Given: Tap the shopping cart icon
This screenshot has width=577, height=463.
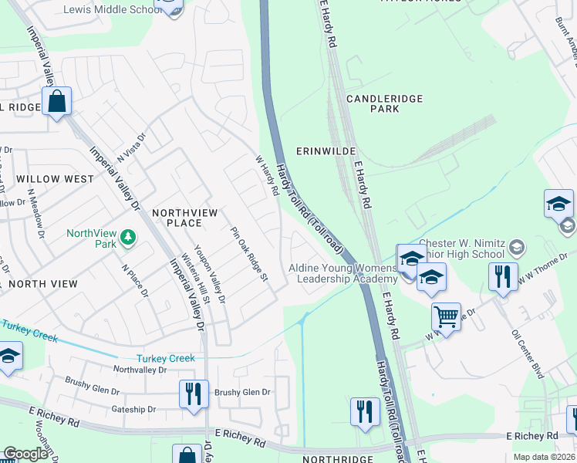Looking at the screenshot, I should click(446, 316).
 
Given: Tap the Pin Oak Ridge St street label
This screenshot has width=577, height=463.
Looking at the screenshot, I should click(248, 254).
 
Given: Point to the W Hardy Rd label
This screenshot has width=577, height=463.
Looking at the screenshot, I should click(266, 175).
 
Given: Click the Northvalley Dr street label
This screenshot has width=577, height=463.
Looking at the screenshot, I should click(140, 370).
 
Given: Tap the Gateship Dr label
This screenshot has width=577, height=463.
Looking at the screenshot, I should click(133, 409).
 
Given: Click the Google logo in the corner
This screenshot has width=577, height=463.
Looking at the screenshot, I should click(25, 454).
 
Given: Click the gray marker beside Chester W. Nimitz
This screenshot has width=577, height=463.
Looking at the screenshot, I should click(517, 248).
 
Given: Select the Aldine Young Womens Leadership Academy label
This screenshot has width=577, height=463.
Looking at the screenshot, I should click(342, 272).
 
